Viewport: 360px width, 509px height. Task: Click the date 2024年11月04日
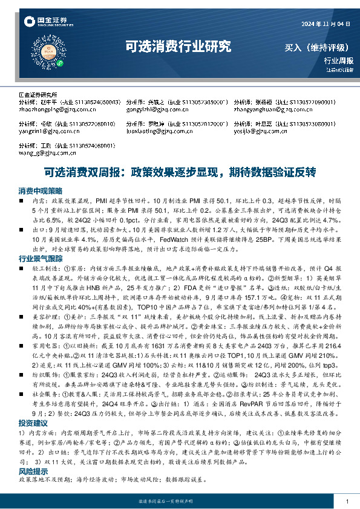326,24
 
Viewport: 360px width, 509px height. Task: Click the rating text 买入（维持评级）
319,47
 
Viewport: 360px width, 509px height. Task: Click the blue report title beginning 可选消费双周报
180,172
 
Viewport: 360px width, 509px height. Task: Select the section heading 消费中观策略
40,190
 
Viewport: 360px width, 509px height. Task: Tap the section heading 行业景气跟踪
40,258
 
